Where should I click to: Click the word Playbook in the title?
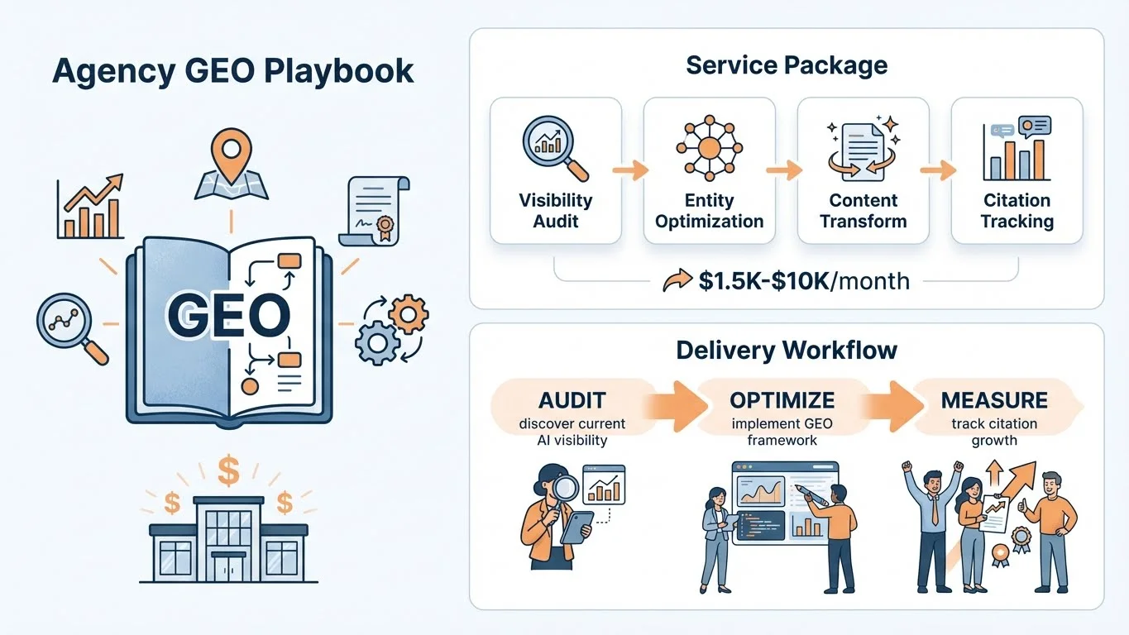pos(341,70)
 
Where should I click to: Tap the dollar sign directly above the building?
pos(228,472)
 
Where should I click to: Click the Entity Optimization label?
pos(710,211)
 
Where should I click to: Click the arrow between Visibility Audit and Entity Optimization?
pos(631,171)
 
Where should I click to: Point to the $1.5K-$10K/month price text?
pos(802,281)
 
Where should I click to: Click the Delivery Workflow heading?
pos(786,350)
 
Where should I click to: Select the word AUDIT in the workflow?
pos(572,400)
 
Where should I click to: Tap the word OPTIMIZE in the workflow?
pos(782,400)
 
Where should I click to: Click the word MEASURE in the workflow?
pos(993,400)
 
